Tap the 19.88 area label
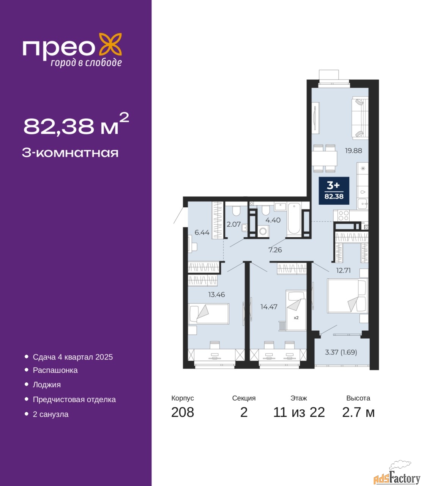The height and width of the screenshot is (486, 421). tap(353, 150)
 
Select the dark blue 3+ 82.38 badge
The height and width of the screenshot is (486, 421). tap(334, 191)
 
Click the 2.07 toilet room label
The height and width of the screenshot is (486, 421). tap(233, 224)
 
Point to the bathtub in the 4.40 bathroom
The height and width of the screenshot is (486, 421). tap(294, 218)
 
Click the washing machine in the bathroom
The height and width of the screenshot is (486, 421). tap(263, 231)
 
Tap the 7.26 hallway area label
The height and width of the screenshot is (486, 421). tap(275, 250)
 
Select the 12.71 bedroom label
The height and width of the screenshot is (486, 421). tap(344, 270)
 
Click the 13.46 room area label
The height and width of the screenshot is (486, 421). tap(216, 294)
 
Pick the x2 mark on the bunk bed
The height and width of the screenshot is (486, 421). tap(296, 318)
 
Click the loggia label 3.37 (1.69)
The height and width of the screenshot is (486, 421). tap(341, 352)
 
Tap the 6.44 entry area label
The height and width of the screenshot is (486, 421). tap(202, 232)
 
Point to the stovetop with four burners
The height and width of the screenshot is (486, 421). tap(344, 215)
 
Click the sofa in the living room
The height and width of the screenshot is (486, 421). tap(360, 118)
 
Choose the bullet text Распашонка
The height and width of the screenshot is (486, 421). tap(55, 370)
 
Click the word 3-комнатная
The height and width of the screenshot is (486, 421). tap(70, 153)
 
